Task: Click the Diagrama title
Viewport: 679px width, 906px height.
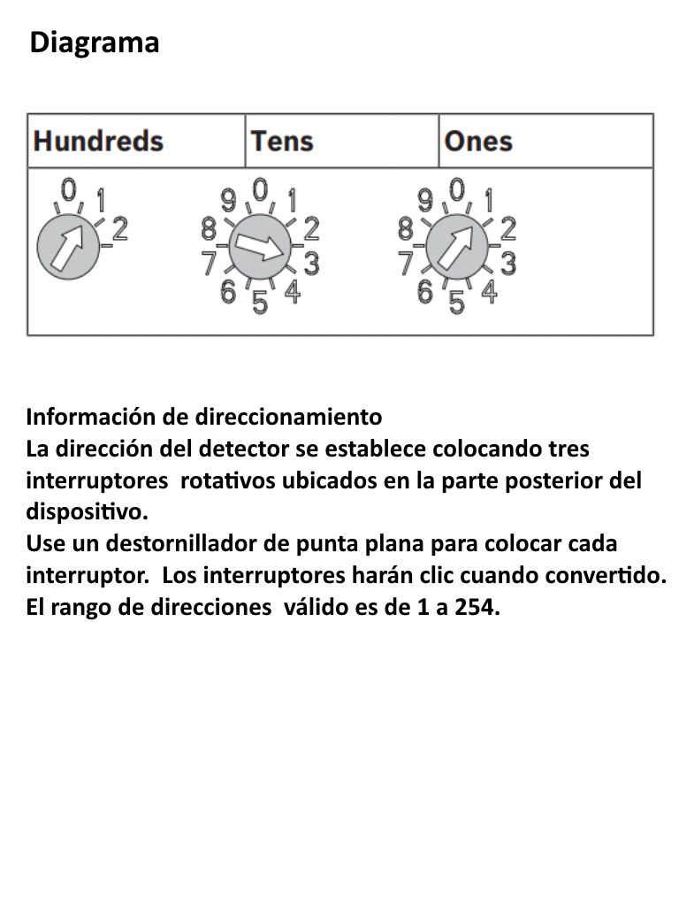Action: coord(95,42)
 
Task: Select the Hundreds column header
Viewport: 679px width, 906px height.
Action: coord(98,141)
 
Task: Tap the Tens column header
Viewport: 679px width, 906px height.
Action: coord(281,141)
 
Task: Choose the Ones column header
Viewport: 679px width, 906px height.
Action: coord(478,141)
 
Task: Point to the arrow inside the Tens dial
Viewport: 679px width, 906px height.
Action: coord(259,247)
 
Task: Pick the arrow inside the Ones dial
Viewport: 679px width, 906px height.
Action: coord(456,247)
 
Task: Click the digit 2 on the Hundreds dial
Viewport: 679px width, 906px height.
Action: coord(120,229)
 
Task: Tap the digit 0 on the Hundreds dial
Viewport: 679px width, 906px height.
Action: coord(69,188)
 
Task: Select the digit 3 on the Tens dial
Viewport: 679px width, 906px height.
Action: coord(311,263)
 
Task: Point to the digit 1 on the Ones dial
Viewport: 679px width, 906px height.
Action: coord(488,198)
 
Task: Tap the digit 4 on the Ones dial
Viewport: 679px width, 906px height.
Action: coord(488,292)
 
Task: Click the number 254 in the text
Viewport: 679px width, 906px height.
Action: coord(476,608)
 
